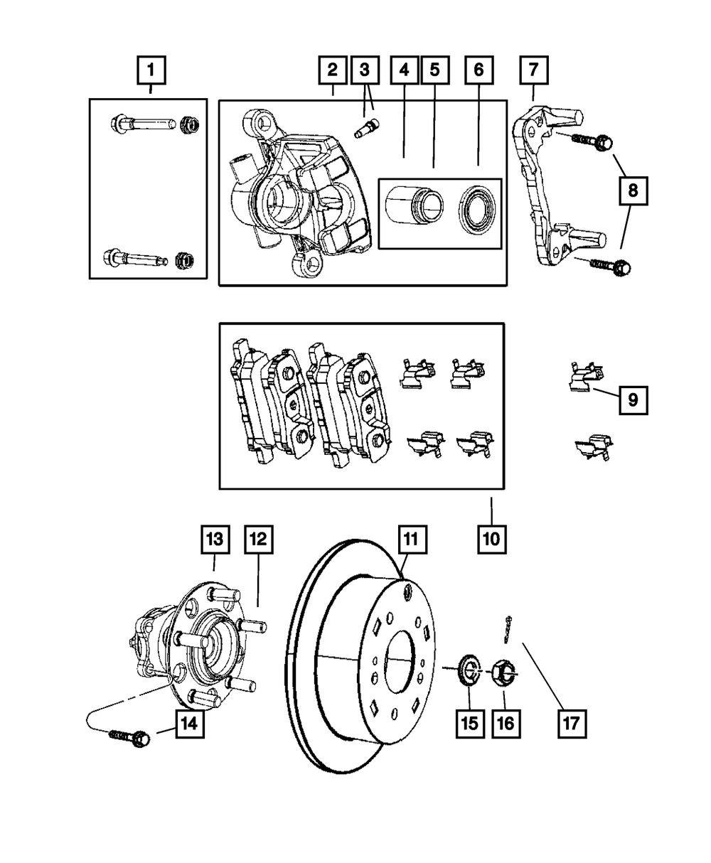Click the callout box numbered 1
[151, 72]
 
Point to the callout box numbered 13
[215, 540]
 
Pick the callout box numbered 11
[411, 540]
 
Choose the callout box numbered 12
[258, 540]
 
